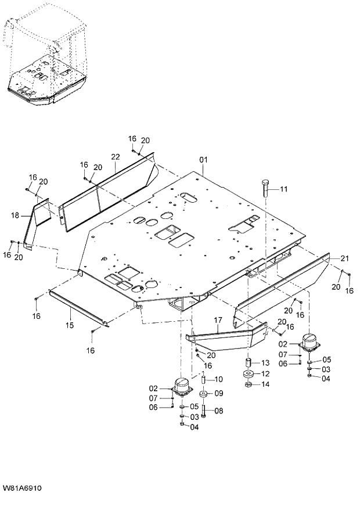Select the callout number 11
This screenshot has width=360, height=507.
(x=283, y=189)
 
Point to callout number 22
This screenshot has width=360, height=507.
(x=115, y=157)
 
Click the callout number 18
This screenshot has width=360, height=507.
(x=15, y=215)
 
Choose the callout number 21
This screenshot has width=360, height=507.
(x=344, y=258)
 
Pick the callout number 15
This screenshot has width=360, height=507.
(x=69, y=325)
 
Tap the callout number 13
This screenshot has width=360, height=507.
(x=264, y=362)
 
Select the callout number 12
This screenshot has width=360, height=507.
(x=264, y=373)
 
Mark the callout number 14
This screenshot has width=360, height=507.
(x=264, y=384)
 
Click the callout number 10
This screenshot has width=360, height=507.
(x=219, y=379)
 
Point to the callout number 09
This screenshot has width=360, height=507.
(x=219, y=393)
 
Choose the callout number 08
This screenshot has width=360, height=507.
(x=219, y=411)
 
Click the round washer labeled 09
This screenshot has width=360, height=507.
(x=204, y=394)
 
